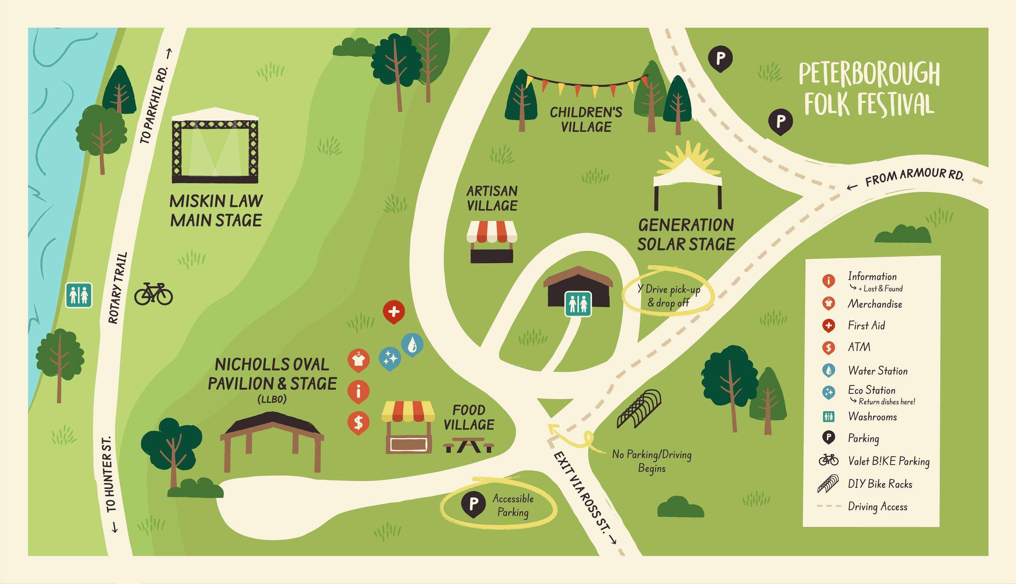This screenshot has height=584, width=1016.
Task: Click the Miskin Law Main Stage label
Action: (x=216, y=211)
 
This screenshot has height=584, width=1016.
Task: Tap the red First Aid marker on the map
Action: (x=393, y=311)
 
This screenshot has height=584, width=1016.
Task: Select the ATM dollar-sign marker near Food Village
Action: (x=358, y=422)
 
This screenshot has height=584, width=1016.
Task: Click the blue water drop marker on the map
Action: (x=412, y=345)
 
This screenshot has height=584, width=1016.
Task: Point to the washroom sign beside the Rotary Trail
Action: (x=79, y=295)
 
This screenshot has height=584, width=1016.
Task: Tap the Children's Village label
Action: (x=586, y=119)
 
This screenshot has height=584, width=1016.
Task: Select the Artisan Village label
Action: (x=492, y=198)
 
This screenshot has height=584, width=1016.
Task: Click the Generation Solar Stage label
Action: (x=686, y=234)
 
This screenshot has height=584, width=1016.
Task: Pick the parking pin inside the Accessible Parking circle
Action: (x=473, y=504)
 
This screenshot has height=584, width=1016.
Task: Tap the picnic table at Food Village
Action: (x=469, y=445)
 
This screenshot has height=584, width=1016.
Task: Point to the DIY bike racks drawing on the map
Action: (x=639, y=409)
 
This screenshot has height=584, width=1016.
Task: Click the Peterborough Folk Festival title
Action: (x=869, y=89)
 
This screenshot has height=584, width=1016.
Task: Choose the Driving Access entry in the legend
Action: (x=877, y=506)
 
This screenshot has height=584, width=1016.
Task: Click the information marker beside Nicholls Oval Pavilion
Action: (x=358, y=391)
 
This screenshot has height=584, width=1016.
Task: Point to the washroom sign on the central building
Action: (x=578, y=304)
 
